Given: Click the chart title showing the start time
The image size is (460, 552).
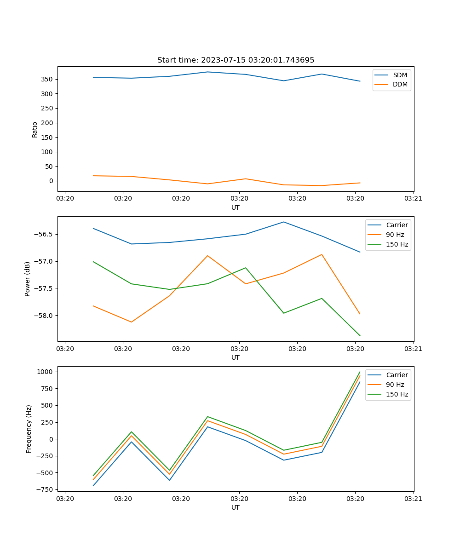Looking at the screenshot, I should (236, 60).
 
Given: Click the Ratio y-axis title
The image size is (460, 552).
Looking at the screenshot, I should (35, 129).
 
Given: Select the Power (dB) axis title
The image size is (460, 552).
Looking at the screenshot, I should (28, 279).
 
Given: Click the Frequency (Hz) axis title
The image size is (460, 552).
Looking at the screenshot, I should (29, 429).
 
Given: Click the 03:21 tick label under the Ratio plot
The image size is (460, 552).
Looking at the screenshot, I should (413, 199).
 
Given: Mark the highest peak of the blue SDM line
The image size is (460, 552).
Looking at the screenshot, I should (207, 72).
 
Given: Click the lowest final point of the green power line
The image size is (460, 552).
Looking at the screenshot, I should (360, 336).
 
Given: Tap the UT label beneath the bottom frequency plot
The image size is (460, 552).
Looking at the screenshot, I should (236, 507).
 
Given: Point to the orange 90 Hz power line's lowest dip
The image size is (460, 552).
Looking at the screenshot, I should (132, 322).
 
